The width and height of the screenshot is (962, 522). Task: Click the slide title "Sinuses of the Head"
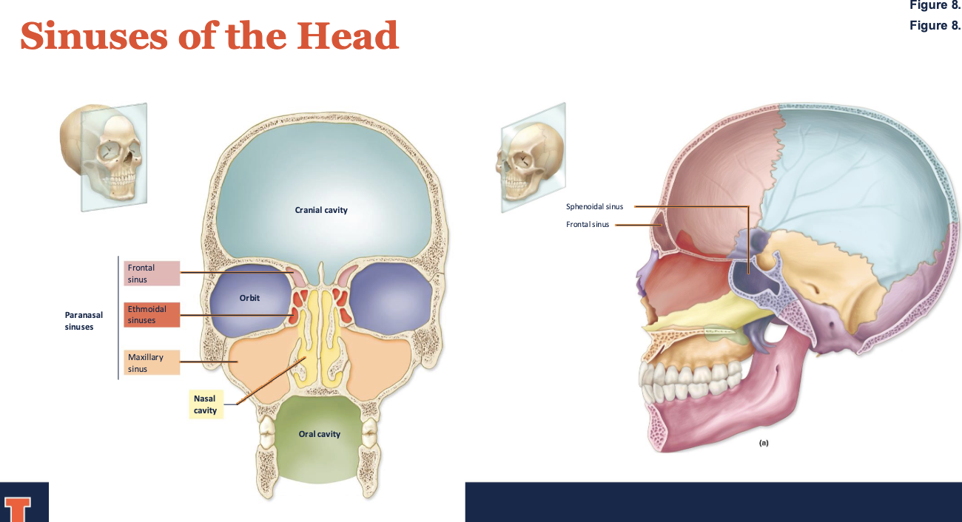coord(209,35)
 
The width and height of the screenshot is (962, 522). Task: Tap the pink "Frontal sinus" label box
coord(152,274)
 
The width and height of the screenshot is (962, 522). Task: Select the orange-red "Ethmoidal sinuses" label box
coord(152,314)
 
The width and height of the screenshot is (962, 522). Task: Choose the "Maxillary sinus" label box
coord(152,362)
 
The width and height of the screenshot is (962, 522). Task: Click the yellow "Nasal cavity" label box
coord(205,404)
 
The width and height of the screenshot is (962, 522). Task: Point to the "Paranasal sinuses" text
coord(84,320)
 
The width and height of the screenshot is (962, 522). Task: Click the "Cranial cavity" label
coord(321,210)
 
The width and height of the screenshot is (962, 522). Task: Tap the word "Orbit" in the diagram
coord(249,297)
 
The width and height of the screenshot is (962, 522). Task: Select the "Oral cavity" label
coord(320,434)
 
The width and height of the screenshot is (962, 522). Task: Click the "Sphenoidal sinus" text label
coord(594,206)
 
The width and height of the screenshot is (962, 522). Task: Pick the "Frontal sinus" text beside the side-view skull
coord(588,225)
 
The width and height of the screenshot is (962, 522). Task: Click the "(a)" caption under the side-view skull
coord(764,443)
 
